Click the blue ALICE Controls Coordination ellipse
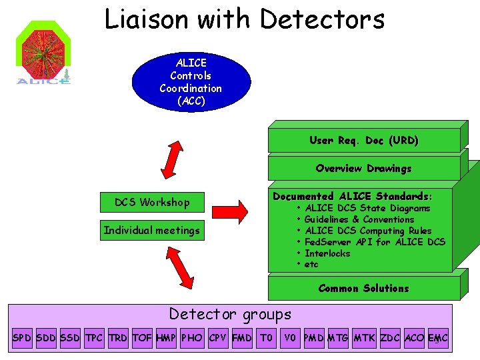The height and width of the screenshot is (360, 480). pyautogui.click(x=191, y=82)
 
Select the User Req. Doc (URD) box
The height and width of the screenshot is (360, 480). pyautogui.click(x=364, y=141)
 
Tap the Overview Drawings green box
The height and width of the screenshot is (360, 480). pyautogui.click(x=364, y=169)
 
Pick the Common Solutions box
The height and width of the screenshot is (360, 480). pyautogui.click(x=364, y=288)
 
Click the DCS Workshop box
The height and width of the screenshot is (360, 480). pyautogui.click(x=152, y=202)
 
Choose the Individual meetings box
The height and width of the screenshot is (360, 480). pyautogui.click(x=152, y=231)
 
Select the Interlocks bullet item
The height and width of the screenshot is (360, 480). pyautogui.click(x=327, y=253)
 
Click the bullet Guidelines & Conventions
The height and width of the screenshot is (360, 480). pyautogui.click(x=359, y=219)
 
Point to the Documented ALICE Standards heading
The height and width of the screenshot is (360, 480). pyautogui.click(x=353, y=196)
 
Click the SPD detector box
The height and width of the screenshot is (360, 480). pyautogui.click(x=22, y=339)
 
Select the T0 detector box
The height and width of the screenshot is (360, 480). pyautogui.click(x=267, y=339)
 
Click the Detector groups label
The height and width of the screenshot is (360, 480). pyautogui.click(x=230, y=314)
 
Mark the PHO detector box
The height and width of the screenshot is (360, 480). pyautogui.click(x=192, y=339)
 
